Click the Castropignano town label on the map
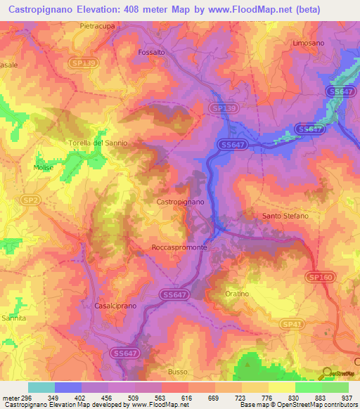pos(180,202)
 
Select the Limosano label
pos(309,43)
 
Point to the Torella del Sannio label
pos(98,143)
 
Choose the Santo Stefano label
pos(285,216)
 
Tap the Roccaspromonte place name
pos(179,248)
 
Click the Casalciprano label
pos(114,306)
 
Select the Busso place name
pos(179,371)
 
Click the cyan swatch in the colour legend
pos(41,387)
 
